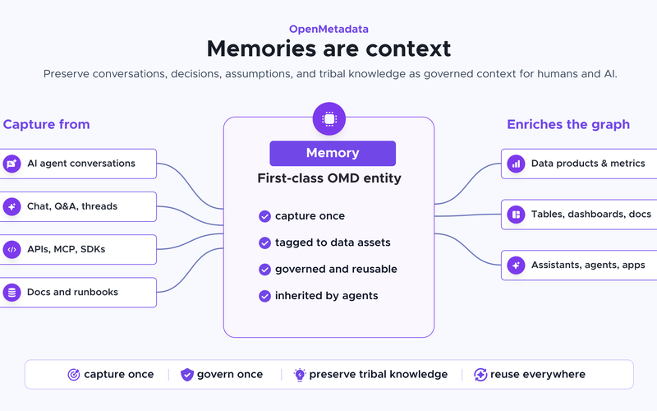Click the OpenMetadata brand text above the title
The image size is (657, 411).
click(329, 29)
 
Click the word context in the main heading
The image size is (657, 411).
click(408, 48)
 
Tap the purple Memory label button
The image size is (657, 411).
click(333, 153)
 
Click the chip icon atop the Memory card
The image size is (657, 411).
click(329, 118)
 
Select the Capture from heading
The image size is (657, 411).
click(47, 125)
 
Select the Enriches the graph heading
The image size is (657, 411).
click(568, 125)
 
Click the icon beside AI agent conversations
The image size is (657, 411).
click(11, 164)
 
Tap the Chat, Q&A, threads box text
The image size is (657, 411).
click(72, 206)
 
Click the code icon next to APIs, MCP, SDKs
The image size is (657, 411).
click(11, 250)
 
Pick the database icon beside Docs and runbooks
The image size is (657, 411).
click(11, 293)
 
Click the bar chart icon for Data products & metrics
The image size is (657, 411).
click(516, 164)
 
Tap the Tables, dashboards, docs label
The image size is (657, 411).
click(591, 215)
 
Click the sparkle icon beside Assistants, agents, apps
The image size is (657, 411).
click(516, 265)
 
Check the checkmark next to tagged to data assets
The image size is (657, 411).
click(264, 242)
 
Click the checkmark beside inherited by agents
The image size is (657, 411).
click(264, 296)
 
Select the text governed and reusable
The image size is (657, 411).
click(336, 270)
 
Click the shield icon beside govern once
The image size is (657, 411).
click(187, 375)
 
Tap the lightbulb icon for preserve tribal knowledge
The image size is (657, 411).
click(300, 375)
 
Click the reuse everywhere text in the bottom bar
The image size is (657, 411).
click(538, 375)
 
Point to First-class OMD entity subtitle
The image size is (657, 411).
click(329, 178)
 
